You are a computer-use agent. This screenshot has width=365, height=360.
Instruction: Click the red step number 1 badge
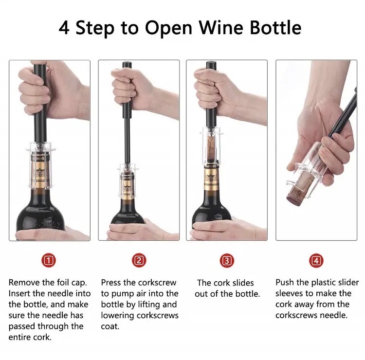pyautogui.click(x=49, y=260)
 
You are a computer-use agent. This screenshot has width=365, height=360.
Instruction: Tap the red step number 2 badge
pyautogui.click(x=139, y=260)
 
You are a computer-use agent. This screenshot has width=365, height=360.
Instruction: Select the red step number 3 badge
pyautogui.click(x=227, y=260)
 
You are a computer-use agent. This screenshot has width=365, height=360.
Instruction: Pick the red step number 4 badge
pyautogui.click(x=316, y=261)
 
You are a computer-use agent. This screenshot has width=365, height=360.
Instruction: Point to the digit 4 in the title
pyautogui.click(x=64, y=28)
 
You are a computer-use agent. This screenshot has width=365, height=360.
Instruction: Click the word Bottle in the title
pyautogui.click(x=275, y=27)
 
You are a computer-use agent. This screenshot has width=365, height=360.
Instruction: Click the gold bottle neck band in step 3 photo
pyautogui.click(x=211, y=181)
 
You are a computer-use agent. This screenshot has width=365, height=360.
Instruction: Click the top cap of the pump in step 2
pyautogui.click(x=127, y=65)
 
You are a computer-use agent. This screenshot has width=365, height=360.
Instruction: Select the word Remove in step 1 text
pyautogui.click(x=24, y=283)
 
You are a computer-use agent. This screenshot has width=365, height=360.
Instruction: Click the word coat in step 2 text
pyautogui.click(x=110, y=326)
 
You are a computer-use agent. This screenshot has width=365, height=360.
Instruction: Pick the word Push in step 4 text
pyautogui.click(x=285, y=282)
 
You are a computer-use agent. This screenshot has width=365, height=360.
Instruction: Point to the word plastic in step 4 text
pyautogui.click(x=323, y=283)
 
